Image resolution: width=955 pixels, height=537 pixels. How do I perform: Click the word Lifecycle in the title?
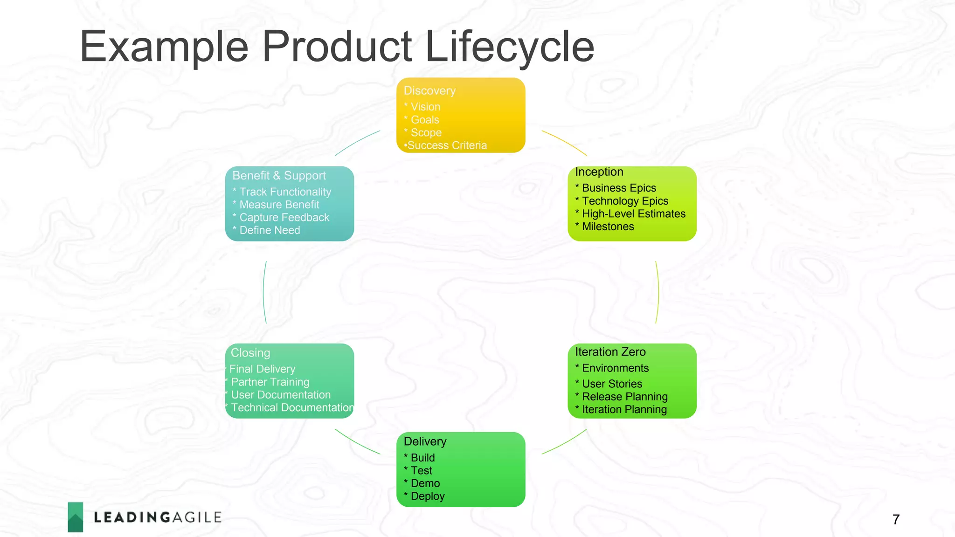click(x=509, y=47)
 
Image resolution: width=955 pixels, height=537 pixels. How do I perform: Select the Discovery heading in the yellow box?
click(x=429, y=91)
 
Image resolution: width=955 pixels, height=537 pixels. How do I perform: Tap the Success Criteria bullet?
click(x=446, y=145)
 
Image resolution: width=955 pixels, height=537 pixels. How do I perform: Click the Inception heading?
click(x=599, y=172)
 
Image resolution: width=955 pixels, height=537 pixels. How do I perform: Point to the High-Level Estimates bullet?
click(x=633, y=214)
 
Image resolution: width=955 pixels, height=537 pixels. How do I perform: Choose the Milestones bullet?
click(x=608, y=227)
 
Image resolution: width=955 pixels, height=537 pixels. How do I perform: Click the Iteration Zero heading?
click(x=610, y=352)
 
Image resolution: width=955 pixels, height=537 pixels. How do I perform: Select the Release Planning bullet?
click(x=624, y=397)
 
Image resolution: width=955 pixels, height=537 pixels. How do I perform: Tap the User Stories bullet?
click(x=612, y=384)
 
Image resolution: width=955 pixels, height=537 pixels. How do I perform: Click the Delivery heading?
click(x=425, y=441)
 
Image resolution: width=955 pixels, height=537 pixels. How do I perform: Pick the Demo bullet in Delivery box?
click(x=425, y=483)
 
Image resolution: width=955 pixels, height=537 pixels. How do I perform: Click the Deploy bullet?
click(x=427, y=496)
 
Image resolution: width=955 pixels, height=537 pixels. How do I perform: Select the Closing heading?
click(x=250, y=353)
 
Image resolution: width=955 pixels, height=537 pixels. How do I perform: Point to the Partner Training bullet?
click(x=270, y=382)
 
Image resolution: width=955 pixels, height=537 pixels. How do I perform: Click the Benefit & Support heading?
click(x=279, y=176)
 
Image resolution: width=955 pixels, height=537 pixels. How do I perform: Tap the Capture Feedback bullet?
click(x=284, y=218)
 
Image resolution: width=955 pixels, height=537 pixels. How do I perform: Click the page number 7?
click(x=896, y=519)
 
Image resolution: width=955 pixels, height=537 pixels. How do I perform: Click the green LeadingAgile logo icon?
click(x=76, y=517)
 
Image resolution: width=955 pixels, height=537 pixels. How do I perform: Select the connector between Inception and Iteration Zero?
click(x=658, y=292)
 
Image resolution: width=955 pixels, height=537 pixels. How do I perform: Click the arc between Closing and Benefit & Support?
click(x=263, y=292)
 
